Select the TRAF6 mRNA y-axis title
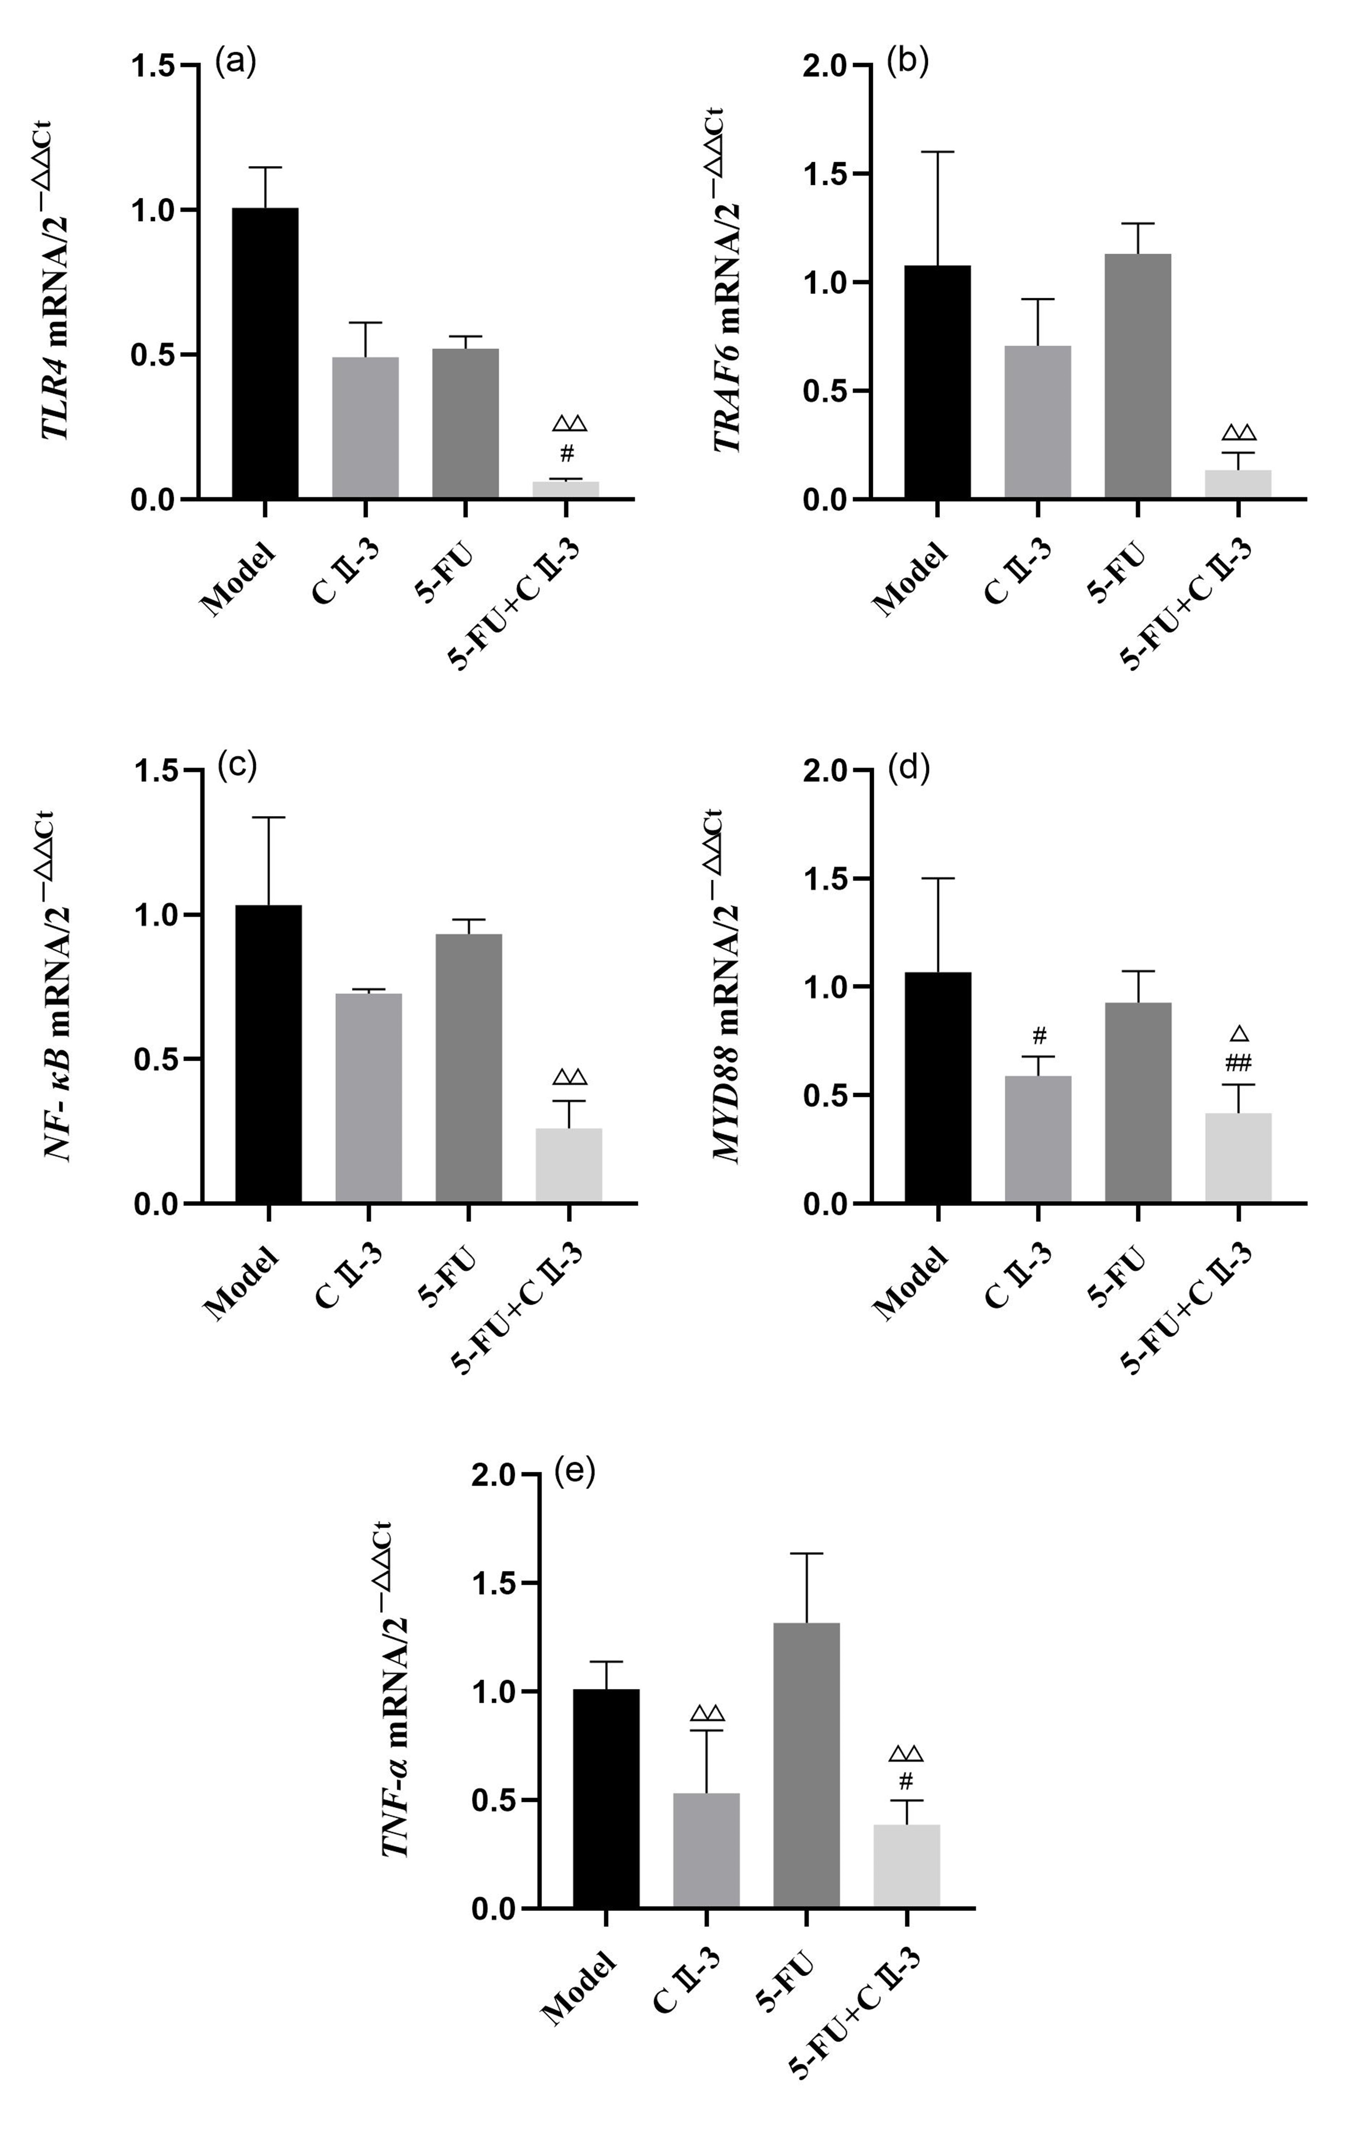729,283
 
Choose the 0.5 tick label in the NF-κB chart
156,1059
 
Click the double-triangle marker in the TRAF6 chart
1239,432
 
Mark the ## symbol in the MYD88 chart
1239,1062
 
